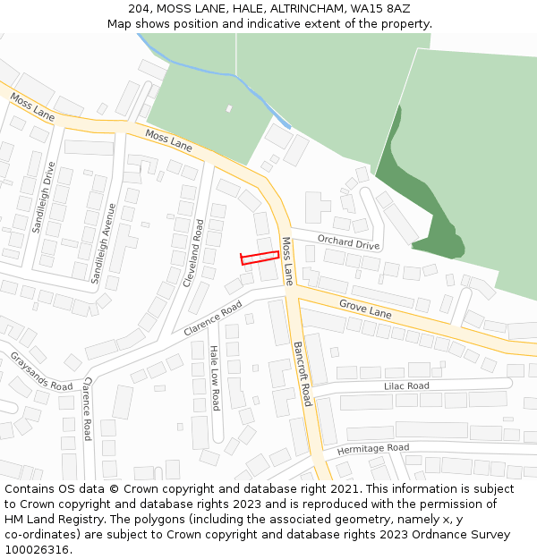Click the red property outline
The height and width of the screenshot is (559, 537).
pos(260,258)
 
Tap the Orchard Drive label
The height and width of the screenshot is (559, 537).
pos(348,241)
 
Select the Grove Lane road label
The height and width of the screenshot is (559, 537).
pos(365,309)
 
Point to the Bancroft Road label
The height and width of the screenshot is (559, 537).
pos(302,373)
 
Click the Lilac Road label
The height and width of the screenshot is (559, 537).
pos(406,386)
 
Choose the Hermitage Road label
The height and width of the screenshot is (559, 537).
pos(372,448)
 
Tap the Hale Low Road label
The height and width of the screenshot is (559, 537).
pos(215,378)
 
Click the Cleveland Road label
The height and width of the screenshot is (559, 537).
pos(193,253)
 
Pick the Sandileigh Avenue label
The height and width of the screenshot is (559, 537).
pos(103,243)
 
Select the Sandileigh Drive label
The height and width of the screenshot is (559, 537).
pos(43,198)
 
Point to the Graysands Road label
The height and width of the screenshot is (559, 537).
pos(41,371)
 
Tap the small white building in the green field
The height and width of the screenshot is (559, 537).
pos(228,109)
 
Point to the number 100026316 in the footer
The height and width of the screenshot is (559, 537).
pos(37,549)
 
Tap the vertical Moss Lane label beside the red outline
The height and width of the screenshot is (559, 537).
pos(287,261)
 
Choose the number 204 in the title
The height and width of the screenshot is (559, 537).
pos(139,8)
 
